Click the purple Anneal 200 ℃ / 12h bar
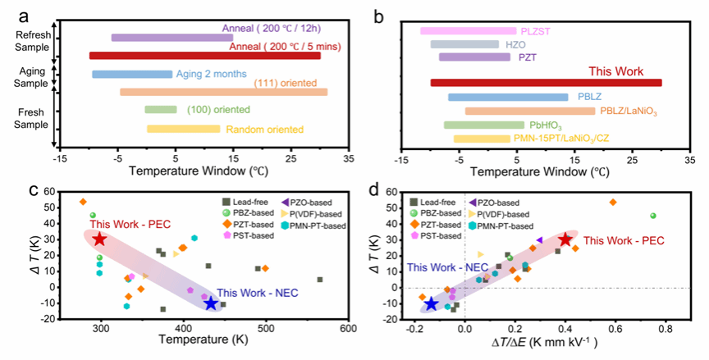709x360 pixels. pos(172,38)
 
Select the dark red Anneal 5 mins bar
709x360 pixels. pos(205,56)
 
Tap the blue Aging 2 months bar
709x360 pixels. pos(132,75)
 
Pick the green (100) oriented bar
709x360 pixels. pos(160,110)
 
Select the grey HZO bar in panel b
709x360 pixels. pos(464,44)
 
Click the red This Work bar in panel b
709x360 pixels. pos(546,83)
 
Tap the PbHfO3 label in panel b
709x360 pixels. pos(544,125)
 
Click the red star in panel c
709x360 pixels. pos(99,239)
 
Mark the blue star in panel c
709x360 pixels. pos(211,303)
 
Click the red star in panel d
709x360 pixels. pos(565,239)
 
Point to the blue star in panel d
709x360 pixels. pos(432,304)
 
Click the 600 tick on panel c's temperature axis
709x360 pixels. pos(347,329)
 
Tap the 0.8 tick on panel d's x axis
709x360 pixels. pos(664,329)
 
